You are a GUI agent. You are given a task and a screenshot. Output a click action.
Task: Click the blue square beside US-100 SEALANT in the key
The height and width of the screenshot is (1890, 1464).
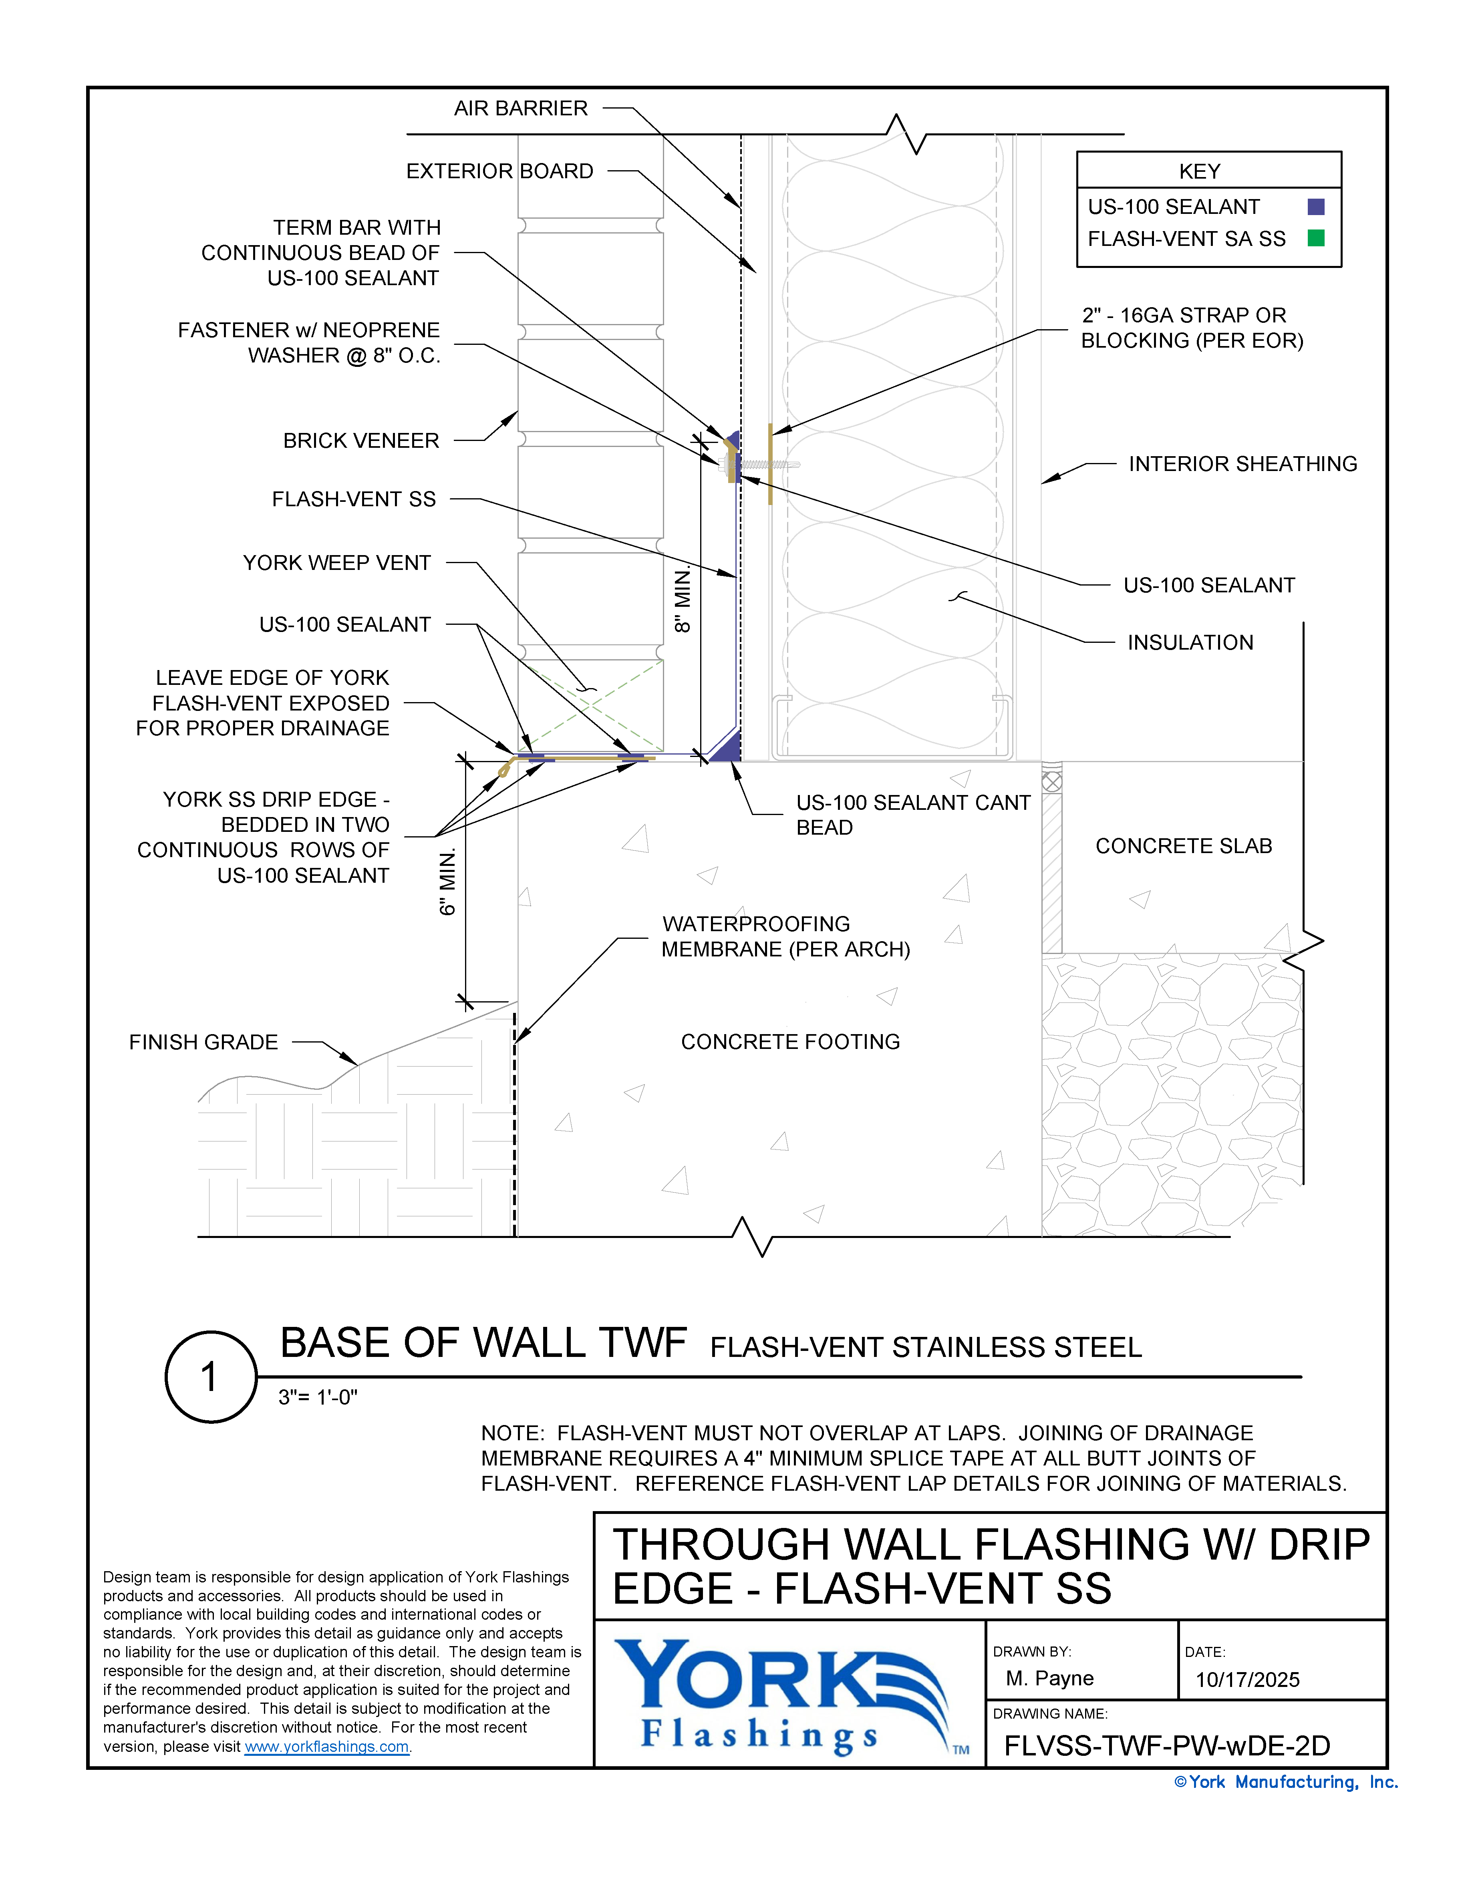[x=1315, y=207]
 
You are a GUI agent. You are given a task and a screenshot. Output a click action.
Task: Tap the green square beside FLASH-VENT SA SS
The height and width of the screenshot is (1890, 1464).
[x=1315, y=238]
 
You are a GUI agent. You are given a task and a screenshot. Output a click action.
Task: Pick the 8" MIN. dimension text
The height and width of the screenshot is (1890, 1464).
[x=683, y=600]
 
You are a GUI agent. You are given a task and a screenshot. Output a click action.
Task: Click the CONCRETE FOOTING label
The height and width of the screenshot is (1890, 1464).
[x=790, y=1042]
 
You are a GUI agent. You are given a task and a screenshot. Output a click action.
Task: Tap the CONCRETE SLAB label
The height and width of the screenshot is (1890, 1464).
[x=1183, y=846]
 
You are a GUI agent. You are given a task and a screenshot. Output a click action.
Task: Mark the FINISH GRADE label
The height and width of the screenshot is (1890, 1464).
[x=203, y=1042]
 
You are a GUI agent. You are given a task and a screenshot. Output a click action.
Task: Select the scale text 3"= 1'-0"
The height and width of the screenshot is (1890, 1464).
[x=318, y=1398]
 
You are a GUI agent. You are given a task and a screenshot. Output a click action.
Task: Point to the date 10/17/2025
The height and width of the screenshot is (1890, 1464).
[x=1247, y=1680]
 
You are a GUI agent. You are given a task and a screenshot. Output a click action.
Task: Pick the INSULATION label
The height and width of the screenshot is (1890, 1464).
[x=1190, y=642]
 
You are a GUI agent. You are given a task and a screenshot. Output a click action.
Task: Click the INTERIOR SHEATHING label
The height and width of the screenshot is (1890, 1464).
[x=1242, y=464]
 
